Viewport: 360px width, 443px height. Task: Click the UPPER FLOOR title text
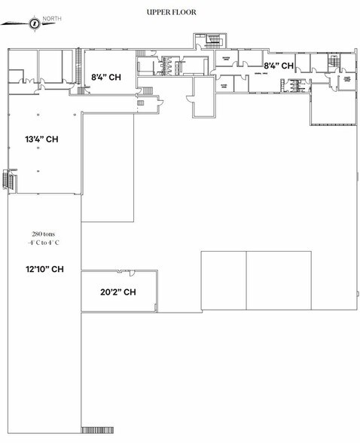pyautogui.click(x=172, y=12)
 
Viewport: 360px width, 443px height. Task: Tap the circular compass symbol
pyautogui.click(x=34, y=23)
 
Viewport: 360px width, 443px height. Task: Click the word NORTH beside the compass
pyautogui.click(x=52, y=18)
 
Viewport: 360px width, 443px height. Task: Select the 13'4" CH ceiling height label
pyautogui.click(x=41, y=139)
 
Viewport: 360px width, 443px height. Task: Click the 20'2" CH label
pyautogui.click(x=117, y=292)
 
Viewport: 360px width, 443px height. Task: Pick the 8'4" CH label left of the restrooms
pyautogui.click(x=107, y=76)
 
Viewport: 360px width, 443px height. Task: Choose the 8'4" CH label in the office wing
pyautogui.click(x=277, y=66)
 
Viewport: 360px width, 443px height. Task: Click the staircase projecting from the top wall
pyautogui.click(x=209, y=41)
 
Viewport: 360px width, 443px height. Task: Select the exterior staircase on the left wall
pyautogui.click(x=8, y=181)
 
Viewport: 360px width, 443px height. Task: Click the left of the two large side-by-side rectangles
pyautogui.click(x=224, y=280)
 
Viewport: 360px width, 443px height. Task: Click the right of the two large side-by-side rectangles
pyautogui.click(x=279, y=280)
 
